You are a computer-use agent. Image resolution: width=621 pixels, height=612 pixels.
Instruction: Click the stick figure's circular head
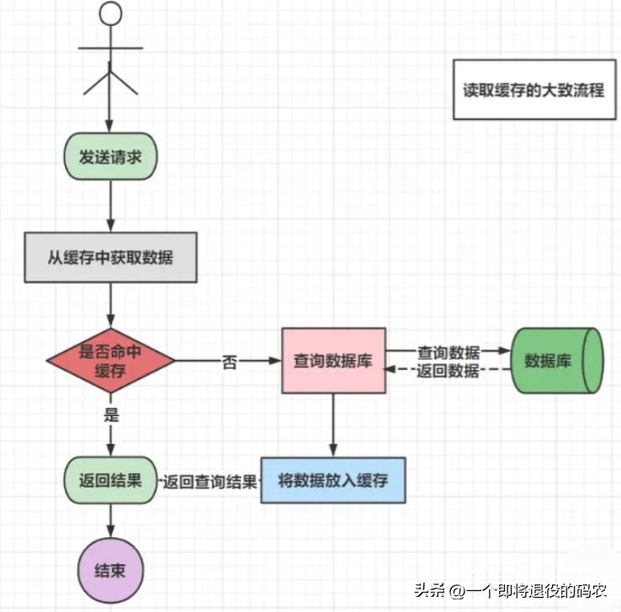coord(110,15)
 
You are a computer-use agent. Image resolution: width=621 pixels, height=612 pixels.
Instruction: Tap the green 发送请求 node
coord(110,156)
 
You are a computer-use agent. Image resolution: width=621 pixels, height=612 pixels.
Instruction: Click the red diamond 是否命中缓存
coord(110,361)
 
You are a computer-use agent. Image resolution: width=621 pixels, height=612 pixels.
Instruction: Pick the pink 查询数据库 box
coord(332,361)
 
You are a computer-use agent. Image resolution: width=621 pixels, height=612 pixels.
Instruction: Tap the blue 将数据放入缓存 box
coord(333,481)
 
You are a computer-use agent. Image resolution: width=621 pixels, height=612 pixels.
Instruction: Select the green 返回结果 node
coord(110,481)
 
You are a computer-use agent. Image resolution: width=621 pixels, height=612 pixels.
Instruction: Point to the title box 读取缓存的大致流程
coord(533,90)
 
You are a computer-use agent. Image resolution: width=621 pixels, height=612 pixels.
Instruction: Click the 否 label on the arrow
coord(229,363)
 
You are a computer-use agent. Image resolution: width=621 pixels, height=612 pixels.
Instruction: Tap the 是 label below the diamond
coord(110,414)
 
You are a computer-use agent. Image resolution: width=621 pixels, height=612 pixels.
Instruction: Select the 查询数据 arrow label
coord(448,352)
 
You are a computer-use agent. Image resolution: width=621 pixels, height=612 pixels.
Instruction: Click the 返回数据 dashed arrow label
coord(448,372)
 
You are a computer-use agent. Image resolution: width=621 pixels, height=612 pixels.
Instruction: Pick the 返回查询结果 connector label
coord(210,482)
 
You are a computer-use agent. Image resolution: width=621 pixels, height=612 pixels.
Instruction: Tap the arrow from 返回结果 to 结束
coord(110,521)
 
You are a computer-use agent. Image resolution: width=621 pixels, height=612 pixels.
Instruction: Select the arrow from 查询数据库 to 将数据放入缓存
coord(333,425)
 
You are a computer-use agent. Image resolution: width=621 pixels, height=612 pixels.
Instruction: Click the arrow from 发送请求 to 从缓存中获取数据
coord(110,205)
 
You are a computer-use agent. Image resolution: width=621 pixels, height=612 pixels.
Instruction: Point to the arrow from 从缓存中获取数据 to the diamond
coord(110,304)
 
